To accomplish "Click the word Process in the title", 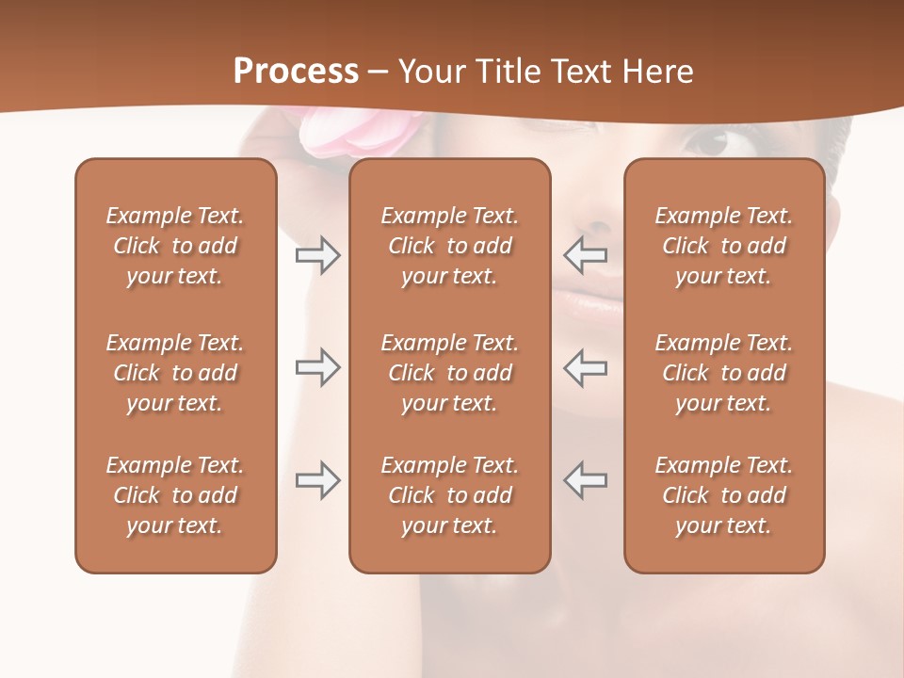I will point(296,71).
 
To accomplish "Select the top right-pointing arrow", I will point(317,255).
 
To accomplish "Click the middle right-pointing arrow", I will point(317,367).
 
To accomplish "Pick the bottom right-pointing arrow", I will point(317,479).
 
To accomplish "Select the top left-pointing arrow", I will point(586,255).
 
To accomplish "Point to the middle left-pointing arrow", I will point(586,367).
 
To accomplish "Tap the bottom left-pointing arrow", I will point(586,479).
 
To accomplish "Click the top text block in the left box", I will point(175,246).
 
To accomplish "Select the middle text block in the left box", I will point(175,373).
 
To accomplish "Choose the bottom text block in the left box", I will point(175,495).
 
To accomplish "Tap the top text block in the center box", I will point(450,246).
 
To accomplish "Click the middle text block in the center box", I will point(450,373).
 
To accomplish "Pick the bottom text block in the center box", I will point(450,495).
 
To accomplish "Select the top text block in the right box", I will point(724,246).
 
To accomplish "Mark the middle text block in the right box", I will point(724,373).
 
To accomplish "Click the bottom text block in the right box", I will point(724,495).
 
